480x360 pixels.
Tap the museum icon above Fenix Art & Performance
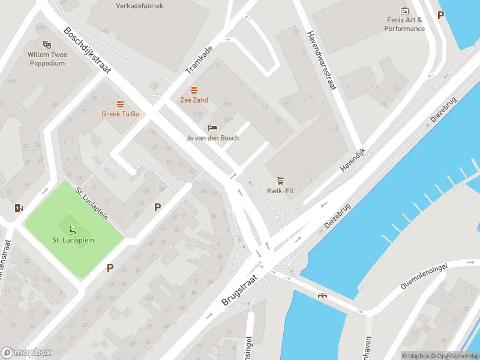(x=404, y=11)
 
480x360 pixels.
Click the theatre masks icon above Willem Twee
(x=46, y=44)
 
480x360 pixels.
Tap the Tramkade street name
(x=199, y=60)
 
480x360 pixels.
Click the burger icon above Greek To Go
(x=120, y=103)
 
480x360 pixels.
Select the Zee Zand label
(x=194, y=100)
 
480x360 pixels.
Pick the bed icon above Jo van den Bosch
(x=212, y=128)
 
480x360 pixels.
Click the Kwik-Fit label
(x=280, y=191)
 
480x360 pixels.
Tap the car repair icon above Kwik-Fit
(x=280, y=181)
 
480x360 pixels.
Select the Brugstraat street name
(x=239, y=292)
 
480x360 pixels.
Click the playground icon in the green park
(x=72, y=229)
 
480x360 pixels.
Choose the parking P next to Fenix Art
(x=441, y=16)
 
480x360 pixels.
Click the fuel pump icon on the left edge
(x=19, y=208)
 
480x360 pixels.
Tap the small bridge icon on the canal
(x=323, y=295)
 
